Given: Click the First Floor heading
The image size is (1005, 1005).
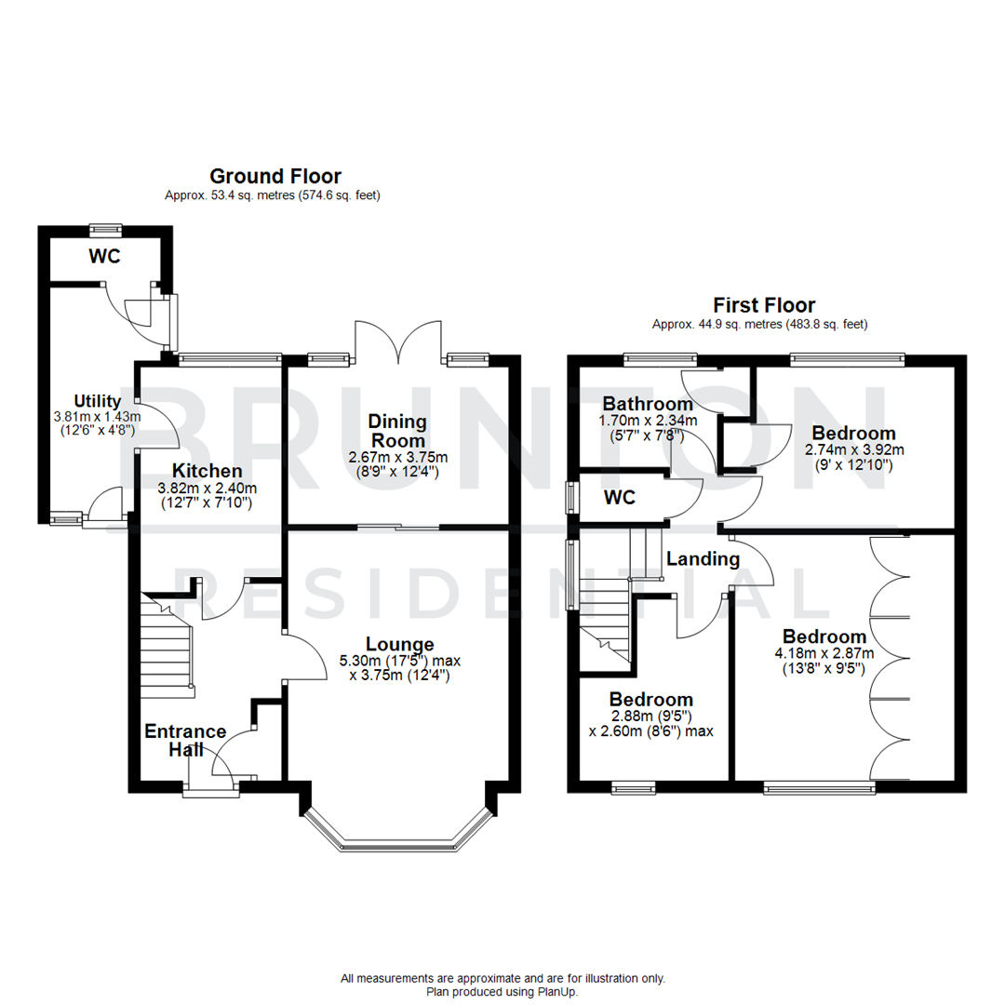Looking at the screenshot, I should point(764,304).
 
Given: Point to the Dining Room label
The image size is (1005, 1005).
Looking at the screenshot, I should point(397,431).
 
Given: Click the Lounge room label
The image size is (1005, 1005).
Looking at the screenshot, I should point(399,644).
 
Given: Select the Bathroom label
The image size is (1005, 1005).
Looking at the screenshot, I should point(648,404).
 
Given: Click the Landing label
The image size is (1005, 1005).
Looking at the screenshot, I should point(703,559).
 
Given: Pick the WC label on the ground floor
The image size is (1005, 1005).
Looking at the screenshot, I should point(105,257).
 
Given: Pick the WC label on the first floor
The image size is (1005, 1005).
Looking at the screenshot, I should point(620,498).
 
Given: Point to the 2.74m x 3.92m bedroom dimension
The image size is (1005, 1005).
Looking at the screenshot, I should point(853,455).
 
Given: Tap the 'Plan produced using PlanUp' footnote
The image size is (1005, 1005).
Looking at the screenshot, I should point(502,992).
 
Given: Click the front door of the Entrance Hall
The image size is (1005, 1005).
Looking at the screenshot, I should point(211,792).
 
